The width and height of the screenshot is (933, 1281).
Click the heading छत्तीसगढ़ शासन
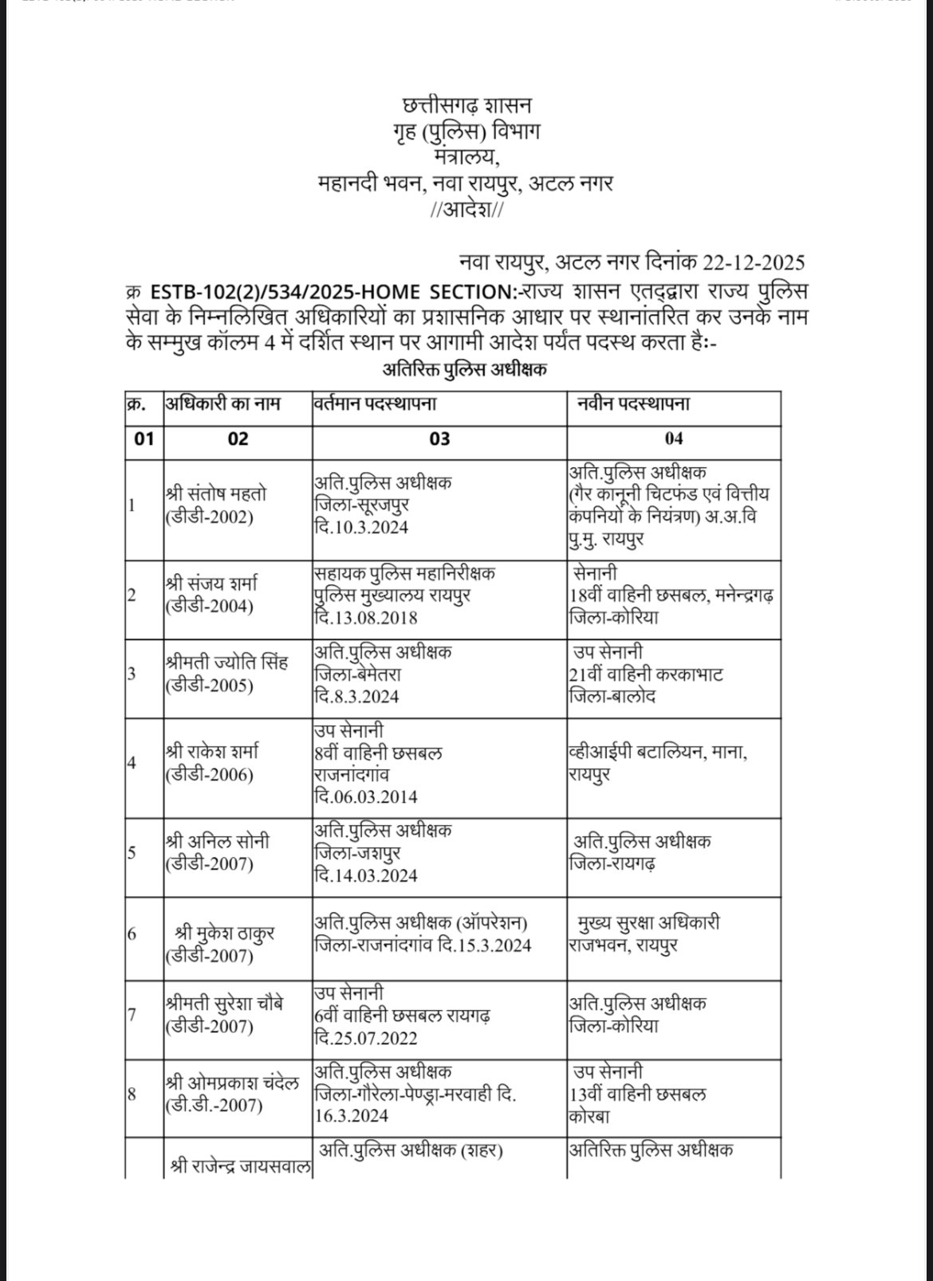click(x=467, y=105)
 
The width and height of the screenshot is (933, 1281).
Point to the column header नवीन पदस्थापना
click(x=634, y=404)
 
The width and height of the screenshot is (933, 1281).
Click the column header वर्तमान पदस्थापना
click(x=375, y=404)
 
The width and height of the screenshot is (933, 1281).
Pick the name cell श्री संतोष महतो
click(x=216, y=494)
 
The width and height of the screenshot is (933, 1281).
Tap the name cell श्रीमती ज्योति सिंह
click(x=226, y=662)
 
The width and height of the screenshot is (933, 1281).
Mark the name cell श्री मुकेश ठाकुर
click(x=226, y=933)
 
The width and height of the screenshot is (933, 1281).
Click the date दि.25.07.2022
click(x=366, y=1038)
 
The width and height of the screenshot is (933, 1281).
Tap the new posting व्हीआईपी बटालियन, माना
click(x=658, y=752)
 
